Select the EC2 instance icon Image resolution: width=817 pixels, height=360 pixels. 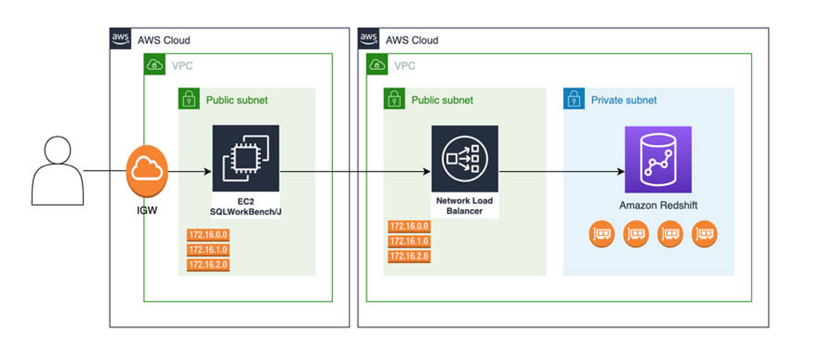pyautogui.click(x=246, y=159)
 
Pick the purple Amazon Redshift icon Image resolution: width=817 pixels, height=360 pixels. pyautogui.click(x=658, y=159)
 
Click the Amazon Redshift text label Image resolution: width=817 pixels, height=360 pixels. pyautogui.click(x=658, y=206)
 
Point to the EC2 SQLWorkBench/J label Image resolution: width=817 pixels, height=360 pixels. pyautogui.click(x=246, y=207)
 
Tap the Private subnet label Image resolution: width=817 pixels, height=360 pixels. pyautogui.click(x=624, y=100)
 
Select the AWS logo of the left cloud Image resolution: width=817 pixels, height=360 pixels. pyautogui.click(x=121, y=39)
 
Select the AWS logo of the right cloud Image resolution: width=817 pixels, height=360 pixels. pyautogui.click(x=369, y=39)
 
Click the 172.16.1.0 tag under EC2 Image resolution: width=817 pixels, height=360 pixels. pyautogui.click(x=208, y=250)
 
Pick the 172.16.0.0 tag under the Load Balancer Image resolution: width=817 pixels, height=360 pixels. pyautogui.click(x=409, y=227)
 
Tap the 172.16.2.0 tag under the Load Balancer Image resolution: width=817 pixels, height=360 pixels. pyautogui.click(x=409, y=256)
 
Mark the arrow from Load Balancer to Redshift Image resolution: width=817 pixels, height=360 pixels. pyautogui.click(x=562, y=171)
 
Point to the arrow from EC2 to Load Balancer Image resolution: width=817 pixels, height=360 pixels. pyautogui.click(x=354, y=171)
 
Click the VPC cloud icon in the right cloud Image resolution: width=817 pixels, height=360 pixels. pyautogui.click(x=377, y=65)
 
